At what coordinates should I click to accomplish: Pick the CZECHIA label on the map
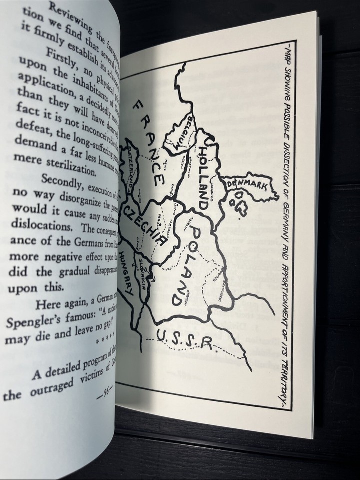147,225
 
